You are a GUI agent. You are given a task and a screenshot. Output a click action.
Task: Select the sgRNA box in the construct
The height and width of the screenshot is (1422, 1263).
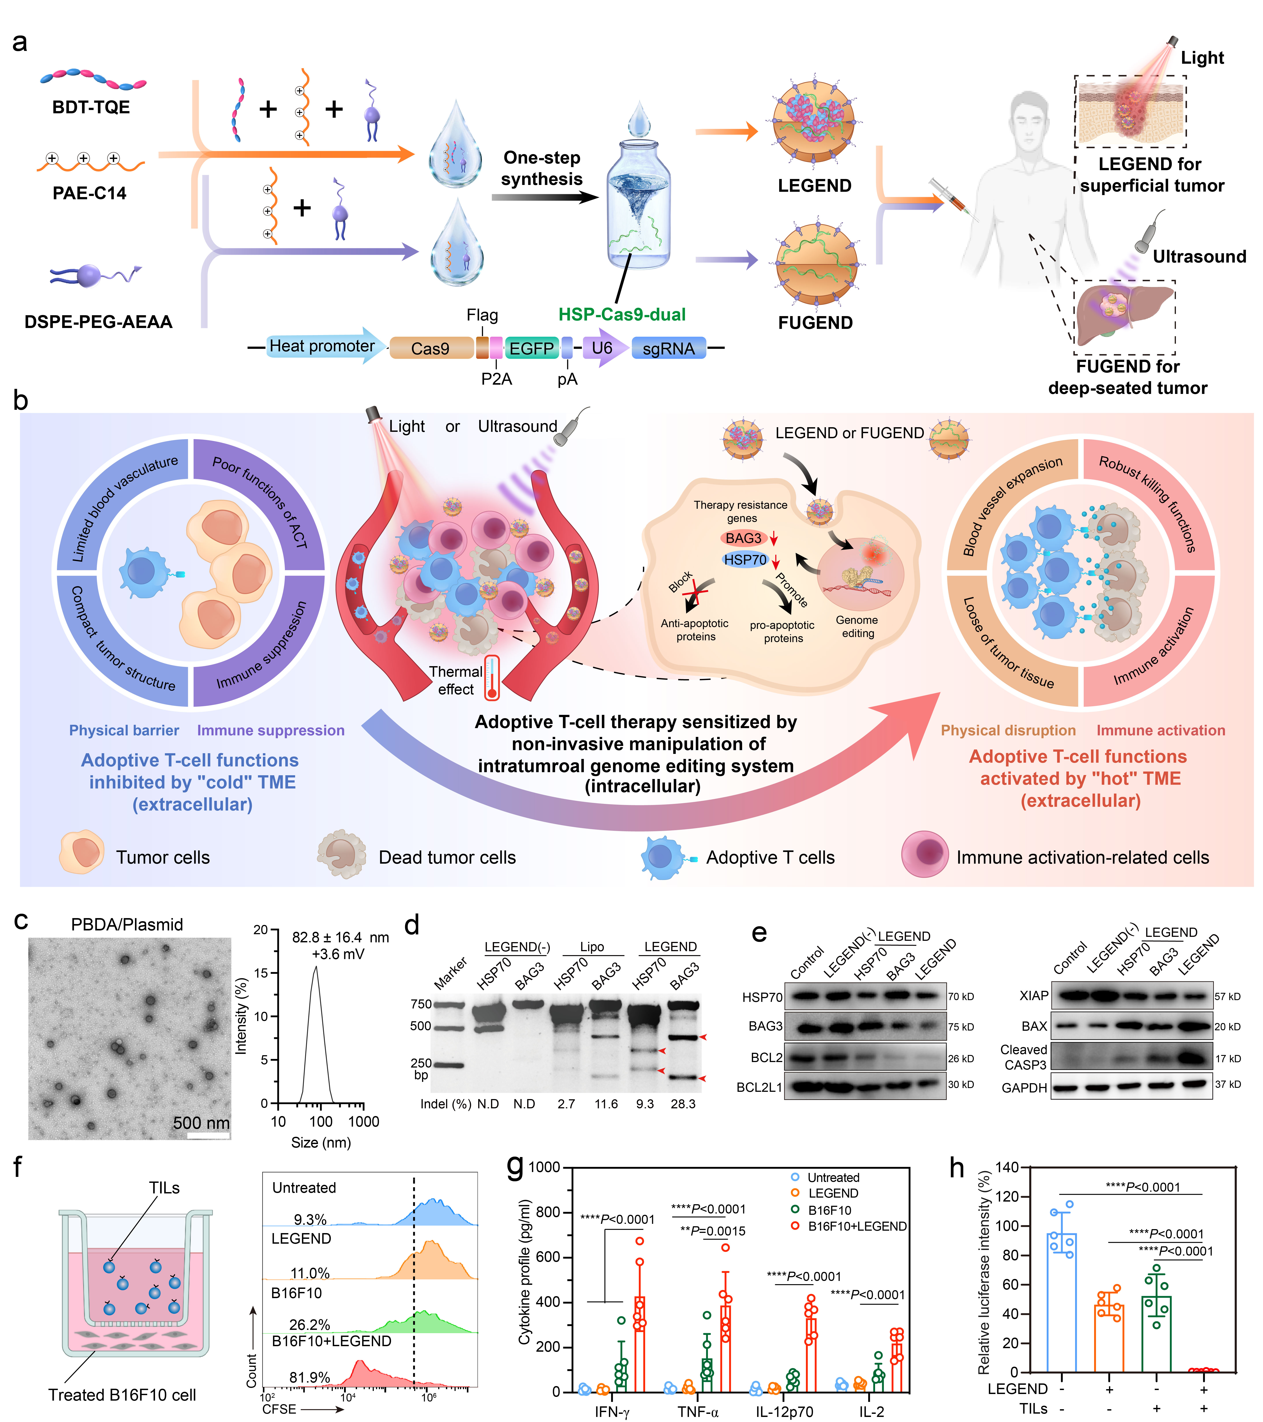pyautogui.click(x=668, y=348)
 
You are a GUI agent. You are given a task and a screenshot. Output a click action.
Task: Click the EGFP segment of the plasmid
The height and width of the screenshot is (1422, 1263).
pyautogui.click(x=532, y=348)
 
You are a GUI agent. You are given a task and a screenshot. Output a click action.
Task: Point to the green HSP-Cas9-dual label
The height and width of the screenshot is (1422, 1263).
pyautogui.click(x=622, y=315)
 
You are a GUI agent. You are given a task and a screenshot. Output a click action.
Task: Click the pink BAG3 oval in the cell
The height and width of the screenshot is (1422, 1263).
pyautogui.click(x=743, y=538)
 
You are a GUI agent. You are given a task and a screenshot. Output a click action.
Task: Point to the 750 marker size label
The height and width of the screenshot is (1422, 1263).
pyautogui.click(x=421, y=1004)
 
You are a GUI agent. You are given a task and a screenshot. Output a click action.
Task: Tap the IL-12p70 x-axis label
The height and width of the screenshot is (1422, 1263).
pyautogui.click(x=784, y=1412)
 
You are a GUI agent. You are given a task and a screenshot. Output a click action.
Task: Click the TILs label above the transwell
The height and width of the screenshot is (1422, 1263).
pyautogui.click(x=164, y=1187)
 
